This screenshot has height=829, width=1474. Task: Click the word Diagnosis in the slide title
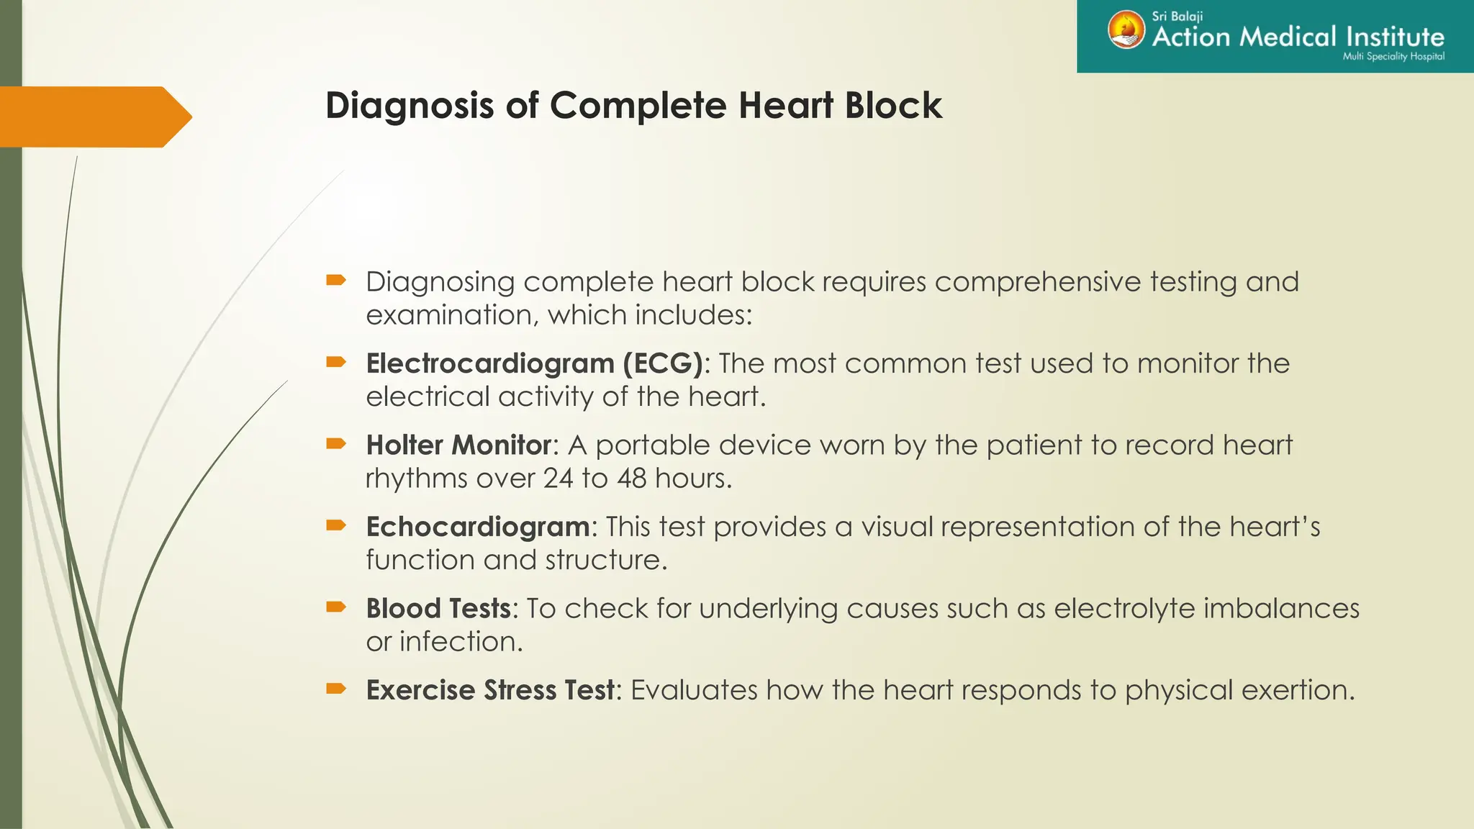[410, 107]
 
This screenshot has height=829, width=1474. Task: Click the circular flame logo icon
[1126, 30]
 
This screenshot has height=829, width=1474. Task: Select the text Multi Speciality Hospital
[1393, 57]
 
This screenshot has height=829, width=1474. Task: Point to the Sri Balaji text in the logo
[1177, 16]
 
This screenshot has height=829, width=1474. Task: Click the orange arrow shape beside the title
[94, 117]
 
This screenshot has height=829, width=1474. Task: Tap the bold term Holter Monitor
[458, 445]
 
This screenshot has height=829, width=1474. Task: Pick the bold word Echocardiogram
[478, 527]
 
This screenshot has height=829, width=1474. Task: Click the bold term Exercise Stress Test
[490, 690]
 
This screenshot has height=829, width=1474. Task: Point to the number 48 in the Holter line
[631, 479]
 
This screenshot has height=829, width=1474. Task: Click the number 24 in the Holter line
[558, 479]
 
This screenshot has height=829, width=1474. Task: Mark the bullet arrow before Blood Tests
[336, 607]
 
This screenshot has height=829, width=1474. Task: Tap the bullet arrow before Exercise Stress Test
[336, 689]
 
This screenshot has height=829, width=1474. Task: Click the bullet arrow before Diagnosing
[336, 280]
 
